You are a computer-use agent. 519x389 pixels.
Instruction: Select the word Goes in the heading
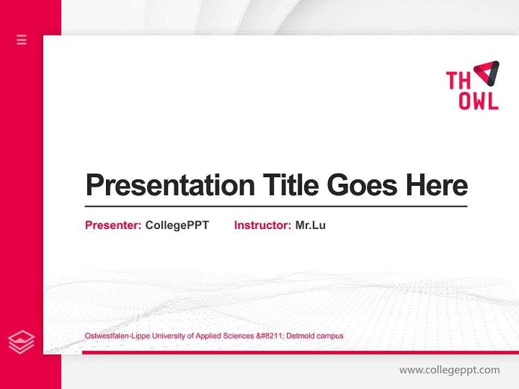tap(363, 185)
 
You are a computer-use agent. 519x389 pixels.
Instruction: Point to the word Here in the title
tap(437, 185)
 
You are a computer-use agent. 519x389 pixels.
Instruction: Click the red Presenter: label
tap(114, 225)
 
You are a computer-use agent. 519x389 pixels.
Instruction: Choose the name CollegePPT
tap(177, 225)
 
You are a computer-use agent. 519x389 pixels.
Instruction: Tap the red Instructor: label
tap(263, 225)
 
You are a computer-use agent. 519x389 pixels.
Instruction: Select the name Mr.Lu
tap(310, 225)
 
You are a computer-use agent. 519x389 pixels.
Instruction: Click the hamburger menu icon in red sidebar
tap(22, 39)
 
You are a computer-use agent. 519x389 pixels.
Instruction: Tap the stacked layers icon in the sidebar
tap(21, 342)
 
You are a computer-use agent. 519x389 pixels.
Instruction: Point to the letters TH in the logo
tap(458, 81)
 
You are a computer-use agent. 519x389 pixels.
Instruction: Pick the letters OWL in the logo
tap(478, 101)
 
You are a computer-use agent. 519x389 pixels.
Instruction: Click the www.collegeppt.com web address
tap(449, 370)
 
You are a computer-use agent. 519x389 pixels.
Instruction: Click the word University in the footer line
tap(167, 336)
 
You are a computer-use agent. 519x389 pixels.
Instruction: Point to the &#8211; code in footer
tap(270, 336)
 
